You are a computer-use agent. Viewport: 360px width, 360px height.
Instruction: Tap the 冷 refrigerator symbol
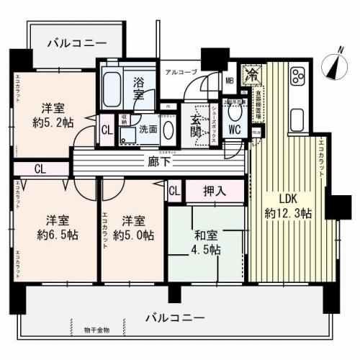point(251,73)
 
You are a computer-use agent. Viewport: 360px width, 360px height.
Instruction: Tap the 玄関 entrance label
point(197,125)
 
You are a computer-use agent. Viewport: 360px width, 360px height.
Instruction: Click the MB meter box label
point(230,81)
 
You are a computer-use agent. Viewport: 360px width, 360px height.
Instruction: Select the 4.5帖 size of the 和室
point(207,249)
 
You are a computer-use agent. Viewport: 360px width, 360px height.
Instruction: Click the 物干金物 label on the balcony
point(96,330)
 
